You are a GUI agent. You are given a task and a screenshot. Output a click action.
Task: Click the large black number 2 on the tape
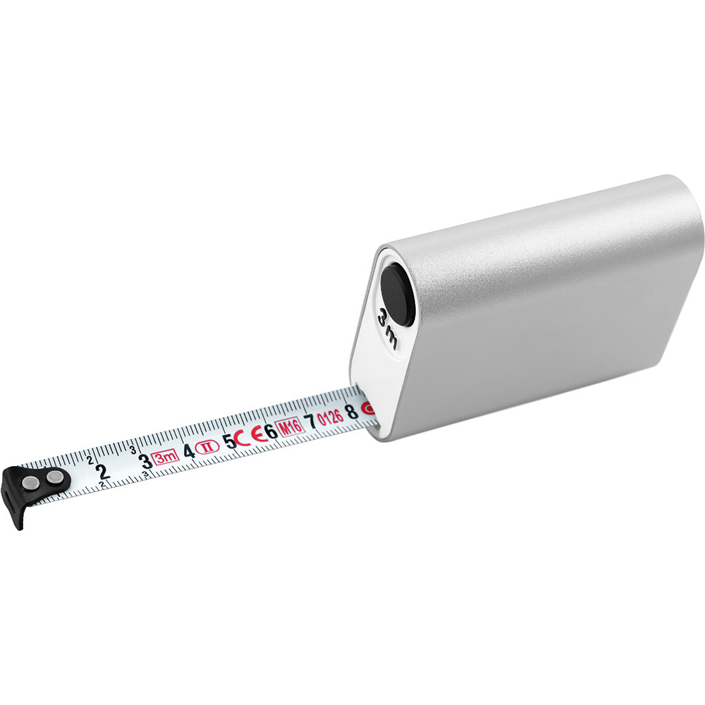click(x=103, y=472)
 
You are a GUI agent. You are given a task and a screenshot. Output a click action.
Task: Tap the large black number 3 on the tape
click(x=145, y=461)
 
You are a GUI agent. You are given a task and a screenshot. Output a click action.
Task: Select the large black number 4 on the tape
click(x=189, y=450)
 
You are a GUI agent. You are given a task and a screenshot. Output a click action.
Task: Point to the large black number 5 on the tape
click(x=231, y=441)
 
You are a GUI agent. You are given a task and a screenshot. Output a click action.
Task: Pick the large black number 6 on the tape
click(x=271, y=431)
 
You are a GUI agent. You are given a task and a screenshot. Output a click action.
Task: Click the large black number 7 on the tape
click(x=309, y=422)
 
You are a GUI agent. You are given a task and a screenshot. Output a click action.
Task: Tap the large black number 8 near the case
click(x=352, y=412)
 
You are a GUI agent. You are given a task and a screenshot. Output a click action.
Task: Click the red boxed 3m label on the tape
click(x=166, y=458)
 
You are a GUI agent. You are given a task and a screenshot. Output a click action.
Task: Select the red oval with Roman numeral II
click(x=207, y=448)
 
